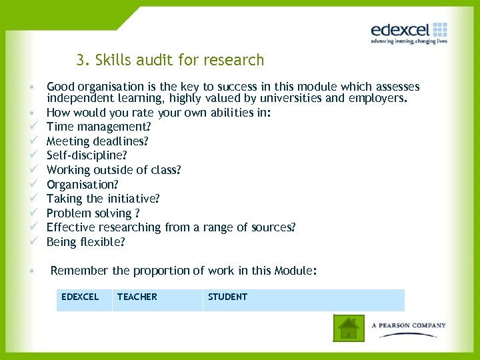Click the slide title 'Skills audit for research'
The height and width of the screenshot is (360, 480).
pyautogui.click(x=170, y=61)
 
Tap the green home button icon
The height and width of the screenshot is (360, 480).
pyautogui.click(x=349, y=327)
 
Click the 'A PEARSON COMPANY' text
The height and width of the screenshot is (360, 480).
pyautogui.click(x=409, y=325)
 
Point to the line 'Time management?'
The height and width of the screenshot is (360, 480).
pyautogui.click(x=99, y=127)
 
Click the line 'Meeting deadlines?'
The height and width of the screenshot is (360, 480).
pyautogui.click(x=97, y=141)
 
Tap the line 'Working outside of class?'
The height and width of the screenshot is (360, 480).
pyautogui.click(x=113, y=170)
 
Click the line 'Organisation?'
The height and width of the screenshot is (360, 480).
pyautogui.click(x=82, y=185)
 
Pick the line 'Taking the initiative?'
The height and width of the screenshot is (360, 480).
pyautogui.click(x=103, y=199)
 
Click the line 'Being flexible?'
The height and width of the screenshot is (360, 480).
pyautogui.click(x=85, y=242)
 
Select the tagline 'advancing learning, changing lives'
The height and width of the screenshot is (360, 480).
pyautogui.click(x=409, y=41)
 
